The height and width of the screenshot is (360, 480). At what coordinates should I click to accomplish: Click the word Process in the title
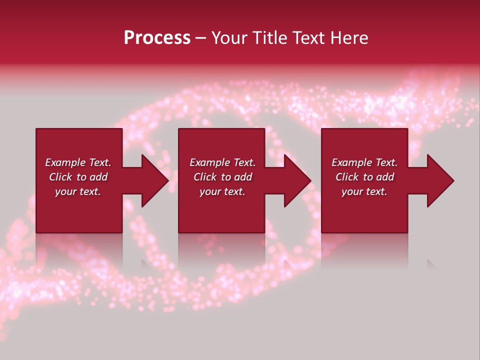click(157, 38)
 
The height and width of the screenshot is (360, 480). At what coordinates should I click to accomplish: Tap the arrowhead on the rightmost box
click(439, 180)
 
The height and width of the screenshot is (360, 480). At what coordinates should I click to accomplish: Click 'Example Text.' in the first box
click(78, 162)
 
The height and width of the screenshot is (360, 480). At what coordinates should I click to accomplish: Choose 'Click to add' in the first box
click(78, 177)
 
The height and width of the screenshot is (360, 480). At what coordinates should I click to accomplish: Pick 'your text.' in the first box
click(78, 191)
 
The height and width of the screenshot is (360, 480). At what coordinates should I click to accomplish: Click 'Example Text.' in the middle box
click(222, 162)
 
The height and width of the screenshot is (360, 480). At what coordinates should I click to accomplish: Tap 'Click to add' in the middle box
click(222, 177)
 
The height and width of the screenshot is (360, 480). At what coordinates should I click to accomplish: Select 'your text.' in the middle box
click(222, 191)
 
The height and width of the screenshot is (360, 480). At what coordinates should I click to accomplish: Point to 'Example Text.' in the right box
click(364, 162)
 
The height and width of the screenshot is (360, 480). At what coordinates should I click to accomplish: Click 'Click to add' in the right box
click(364, 177)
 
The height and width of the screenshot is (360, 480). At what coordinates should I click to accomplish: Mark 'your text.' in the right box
click(364, 191)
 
